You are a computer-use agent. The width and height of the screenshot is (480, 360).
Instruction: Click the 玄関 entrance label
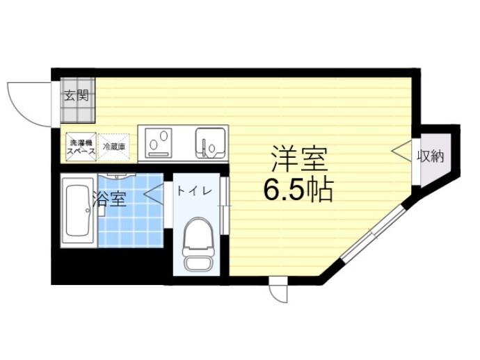[77, 97]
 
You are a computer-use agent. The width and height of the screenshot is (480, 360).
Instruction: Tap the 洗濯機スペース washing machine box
[80, 147]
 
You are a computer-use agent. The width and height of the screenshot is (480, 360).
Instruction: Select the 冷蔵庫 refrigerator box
[114, 147]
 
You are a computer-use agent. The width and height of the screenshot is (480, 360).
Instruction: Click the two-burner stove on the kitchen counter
[161, 142]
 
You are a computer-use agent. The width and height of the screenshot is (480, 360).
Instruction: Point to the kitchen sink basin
[209, 143]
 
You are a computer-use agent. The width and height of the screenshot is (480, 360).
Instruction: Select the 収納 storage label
[430, 156]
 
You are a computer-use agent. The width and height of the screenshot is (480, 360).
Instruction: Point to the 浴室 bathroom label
[109, 199]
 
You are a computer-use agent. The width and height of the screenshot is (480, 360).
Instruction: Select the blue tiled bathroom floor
[132, 222]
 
